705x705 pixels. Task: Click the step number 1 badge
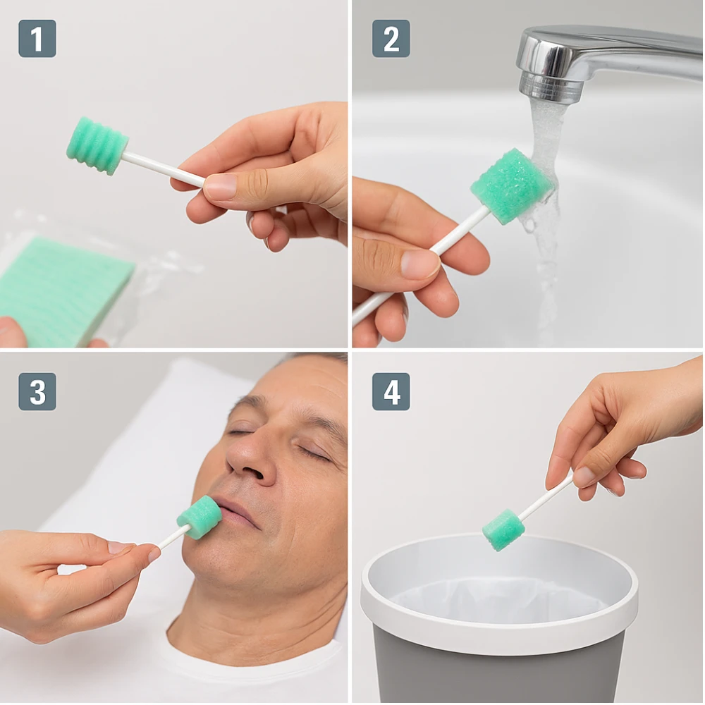click(x=37, y=38)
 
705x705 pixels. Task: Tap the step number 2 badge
click(x=391, y=38)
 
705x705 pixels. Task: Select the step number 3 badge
click(x=37, y=391)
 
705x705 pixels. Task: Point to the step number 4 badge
click(x=391, y=391)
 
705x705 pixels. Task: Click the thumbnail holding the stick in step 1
click(x=220, y=185)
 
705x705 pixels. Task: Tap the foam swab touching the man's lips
click(x=200, y=517)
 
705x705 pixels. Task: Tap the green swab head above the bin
click(x=503, y=530)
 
